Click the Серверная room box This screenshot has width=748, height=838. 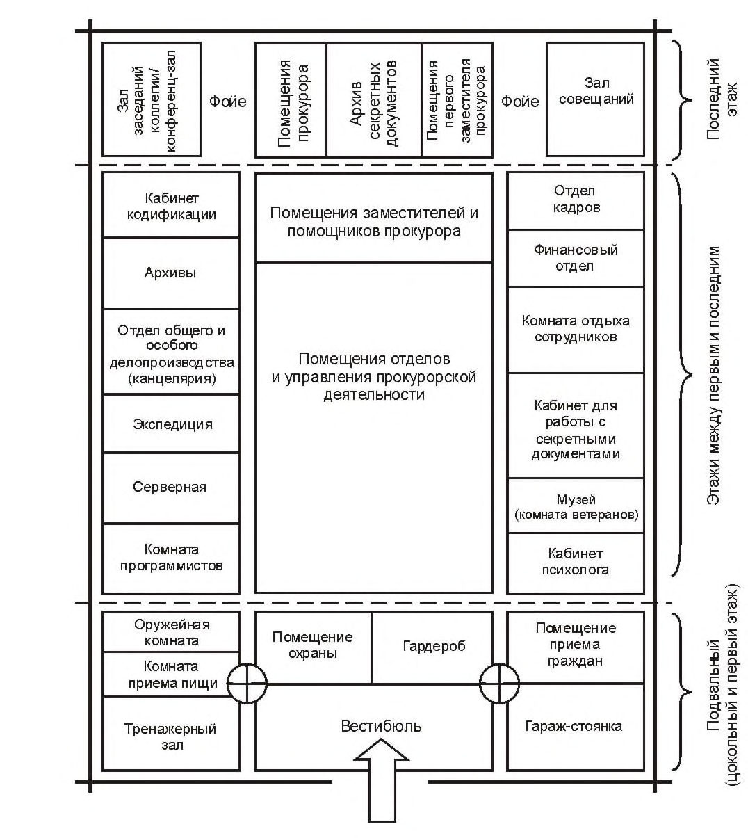pyautogui.click(x=171, y=488)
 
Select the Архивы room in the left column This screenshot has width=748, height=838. pyautogui.click(x=171, y=273)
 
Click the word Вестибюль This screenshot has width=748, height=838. pyautogui.click(x=381, y=725)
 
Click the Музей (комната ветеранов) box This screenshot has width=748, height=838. pyautogui.click(x=575, y=506)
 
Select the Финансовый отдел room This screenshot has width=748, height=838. pyautogui.click(x=575, y=258)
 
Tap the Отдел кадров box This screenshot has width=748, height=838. pyautogui.click(x=575, y=200)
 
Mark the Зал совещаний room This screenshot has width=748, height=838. pyautogui.click(x=595, y=99)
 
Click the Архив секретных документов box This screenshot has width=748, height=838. pyautogui.click(x=374, y=99)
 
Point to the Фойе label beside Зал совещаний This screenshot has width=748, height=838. pyautogui.click(x=520, y=102)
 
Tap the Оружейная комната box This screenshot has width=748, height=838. pyautogui.click(x=171, y=631)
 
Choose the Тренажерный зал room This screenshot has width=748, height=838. pyautogui.click(x=171, y=733)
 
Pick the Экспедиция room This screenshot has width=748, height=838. pyautogui.click(x=171, y=424)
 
